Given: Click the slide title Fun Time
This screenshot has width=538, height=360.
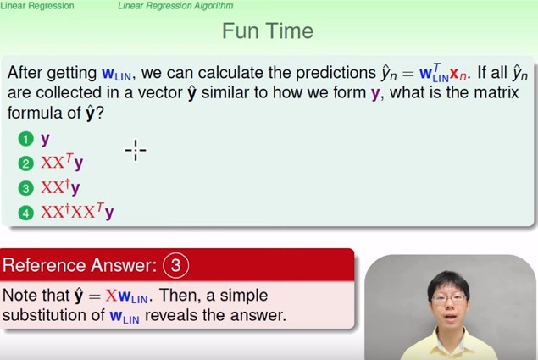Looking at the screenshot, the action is pyautogui.click(x=268, y=30).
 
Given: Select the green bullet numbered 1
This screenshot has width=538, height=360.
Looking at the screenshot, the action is pyautogui.click(x=25, y=139).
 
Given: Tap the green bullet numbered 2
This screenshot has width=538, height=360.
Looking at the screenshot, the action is pyautogui.click(x=25, y=163).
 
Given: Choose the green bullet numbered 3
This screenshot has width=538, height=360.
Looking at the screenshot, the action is pyautogui.click(x=25, y=188).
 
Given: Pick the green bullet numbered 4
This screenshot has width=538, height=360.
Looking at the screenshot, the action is pyautogui.click(x=25, y=213).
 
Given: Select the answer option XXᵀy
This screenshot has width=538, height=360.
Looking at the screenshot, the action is pyautogui.click(x=62, y=163).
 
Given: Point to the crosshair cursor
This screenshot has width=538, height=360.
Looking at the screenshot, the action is pyautogui.click(x=136, y=150).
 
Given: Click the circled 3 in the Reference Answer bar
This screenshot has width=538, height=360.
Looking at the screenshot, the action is pyautogui.click(x=175, y=265).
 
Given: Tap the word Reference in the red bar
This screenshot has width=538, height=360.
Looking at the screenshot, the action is pyautogui.click(x=45, y=265).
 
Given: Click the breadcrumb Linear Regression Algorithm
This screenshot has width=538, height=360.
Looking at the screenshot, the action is pyautogui.click(x=175, y=5).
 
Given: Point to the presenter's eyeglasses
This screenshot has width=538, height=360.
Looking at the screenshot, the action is pyautogui.click(x=448, y=297).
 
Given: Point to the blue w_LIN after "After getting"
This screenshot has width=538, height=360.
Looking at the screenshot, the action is pyautogui.click(x=116, y=74).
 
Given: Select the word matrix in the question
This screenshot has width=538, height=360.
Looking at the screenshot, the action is pyautogui.click(x=496, y=92).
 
